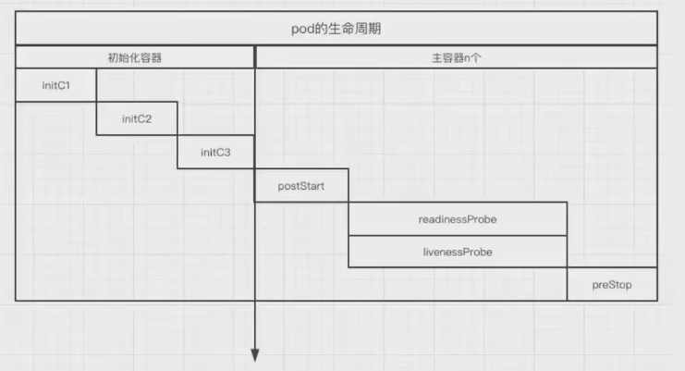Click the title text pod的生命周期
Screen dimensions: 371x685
(x=336, y=29)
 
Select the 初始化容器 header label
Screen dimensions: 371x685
(x=135, y=57)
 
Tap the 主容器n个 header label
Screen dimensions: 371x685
(x=457, y=57)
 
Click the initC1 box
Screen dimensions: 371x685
(x=56, y=85)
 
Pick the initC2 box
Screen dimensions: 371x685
(x=137, y=118)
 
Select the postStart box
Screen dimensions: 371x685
(x=300, y=186)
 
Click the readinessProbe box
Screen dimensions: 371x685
(x=458, y=219)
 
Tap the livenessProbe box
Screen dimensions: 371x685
(x=457, y=252)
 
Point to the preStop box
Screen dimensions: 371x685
(x=612, y=284)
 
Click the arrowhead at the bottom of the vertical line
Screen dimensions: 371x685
(x=255, y=355)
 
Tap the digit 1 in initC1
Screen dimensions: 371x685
(x=68, y=85)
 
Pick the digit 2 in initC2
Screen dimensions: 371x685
(x=149, y=118)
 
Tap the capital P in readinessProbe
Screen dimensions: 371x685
(x=472, y=219)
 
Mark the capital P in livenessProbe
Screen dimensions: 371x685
(x=469, y=252)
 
